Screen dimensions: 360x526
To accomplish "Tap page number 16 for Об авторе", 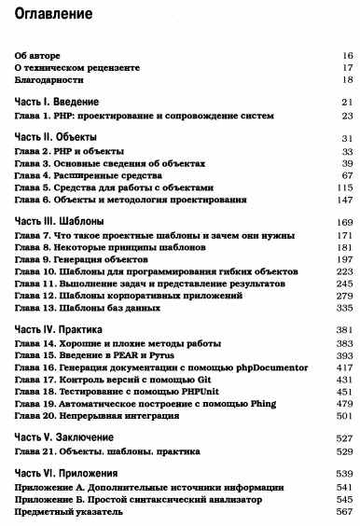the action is click(347, 55).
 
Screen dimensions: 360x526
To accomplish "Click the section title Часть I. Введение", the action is click(58, 101).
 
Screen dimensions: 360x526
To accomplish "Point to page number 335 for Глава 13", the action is click(344, 307).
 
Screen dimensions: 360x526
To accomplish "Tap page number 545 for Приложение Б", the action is click(344, 498).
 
